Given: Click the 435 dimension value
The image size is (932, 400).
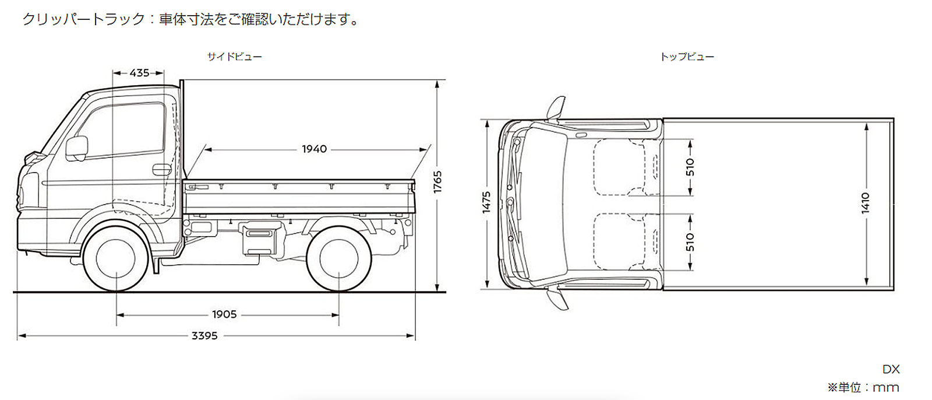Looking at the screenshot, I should tap(139, 73).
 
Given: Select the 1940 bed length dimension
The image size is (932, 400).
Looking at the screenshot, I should tap(314, 149).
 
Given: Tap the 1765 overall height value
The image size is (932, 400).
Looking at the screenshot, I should tap(437, 182).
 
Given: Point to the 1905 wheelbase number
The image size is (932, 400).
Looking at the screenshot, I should tap(224, 315).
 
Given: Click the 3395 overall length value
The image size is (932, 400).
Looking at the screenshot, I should tap(204, 336).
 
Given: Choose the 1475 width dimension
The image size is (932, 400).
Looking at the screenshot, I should tap(487, 202).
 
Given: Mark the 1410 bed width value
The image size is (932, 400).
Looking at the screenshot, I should tap(865, 203).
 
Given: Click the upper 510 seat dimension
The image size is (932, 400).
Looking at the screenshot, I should tap(690, 167).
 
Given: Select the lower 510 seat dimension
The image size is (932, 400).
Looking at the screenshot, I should tap(690, 241).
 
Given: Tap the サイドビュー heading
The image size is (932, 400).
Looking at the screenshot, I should tap(234, 57).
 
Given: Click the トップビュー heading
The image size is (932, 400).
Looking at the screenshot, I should tap(687, 57).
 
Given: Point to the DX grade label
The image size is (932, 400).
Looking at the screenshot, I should tap(891, 369).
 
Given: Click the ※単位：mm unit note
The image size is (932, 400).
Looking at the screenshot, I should tap(863, 387).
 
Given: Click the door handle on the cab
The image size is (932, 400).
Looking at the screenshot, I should tap(158, 170).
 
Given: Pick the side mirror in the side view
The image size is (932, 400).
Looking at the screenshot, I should tap(76, 148).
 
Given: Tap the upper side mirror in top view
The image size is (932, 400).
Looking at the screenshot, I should tap(556, 108).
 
